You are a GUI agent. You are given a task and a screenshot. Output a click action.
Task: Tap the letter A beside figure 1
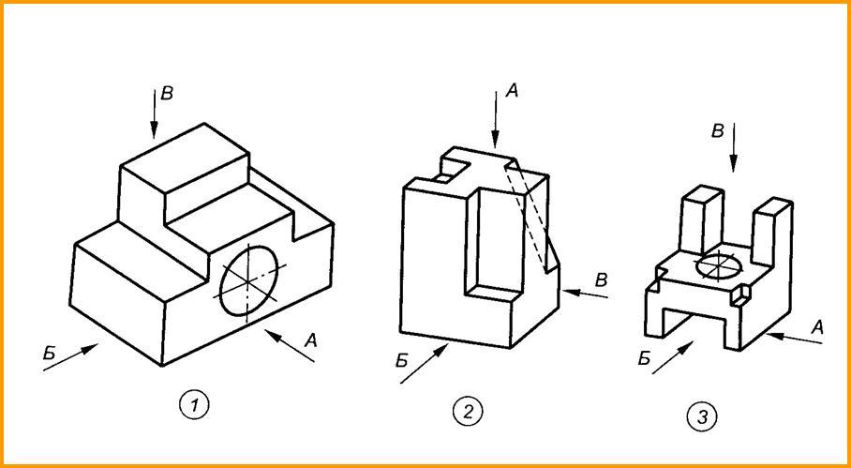click(x=313, y=343)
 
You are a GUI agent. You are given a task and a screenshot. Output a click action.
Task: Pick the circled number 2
click(x=466, y=410)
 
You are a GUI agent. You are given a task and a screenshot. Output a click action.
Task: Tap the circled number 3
click(x=701, y=415)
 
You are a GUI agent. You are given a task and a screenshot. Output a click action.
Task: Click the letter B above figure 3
click(x=717, y=131)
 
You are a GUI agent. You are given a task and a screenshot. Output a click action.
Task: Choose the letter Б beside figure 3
click(x=644, y=358)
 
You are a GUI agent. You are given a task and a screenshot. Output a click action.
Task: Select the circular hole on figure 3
click(x=721, y=265)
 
